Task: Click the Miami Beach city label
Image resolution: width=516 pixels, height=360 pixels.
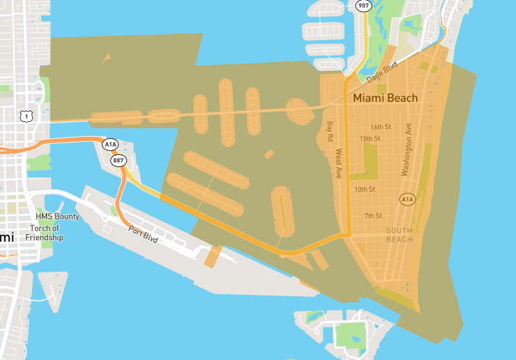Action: coord(385,98)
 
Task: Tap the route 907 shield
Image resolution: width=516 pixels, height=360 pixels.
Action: coord(362,5)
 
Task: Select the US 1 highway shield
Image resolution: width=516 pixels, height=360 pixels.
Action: coord(26,115)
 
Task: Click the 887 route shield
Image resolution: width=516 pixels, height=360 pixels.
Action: coord(118,160)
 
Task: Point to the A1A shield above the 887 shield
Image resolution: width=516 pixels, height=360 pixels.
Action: coord(110,144)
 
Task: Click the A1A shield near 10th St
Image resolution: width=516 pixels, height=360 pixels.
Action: coord(406,200)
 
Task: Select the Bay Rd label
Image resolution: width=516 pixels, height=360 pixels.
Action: coord(330,132)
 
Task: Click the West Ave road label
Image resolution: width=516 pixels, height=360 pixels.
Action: coord(339,164)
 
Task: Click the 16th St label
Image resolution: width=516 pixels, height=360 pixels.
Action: coord(381,127)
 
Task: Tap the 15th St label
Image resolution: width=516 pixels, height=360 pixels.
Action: coord(370,139)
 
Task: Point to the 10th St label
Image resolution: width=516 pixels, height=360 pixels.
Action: coord(364,190)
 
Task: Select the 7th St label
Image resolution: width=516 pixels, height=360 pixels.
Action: coord(373,215)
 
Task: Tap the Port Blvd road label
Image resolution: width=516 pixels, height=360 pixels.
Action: coord(143,234)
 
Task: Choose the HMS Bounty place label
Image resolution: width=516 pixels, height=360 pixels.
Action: coord(57,217)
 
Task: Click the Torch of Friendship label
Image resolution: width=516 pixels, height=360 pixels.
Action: coord(45,233)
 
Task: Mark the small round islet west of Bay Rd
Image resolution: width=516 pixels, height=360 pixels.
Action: coord(298,111)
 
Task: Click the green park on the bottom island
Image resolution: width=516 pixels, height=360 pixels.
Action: coord(350,335)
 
